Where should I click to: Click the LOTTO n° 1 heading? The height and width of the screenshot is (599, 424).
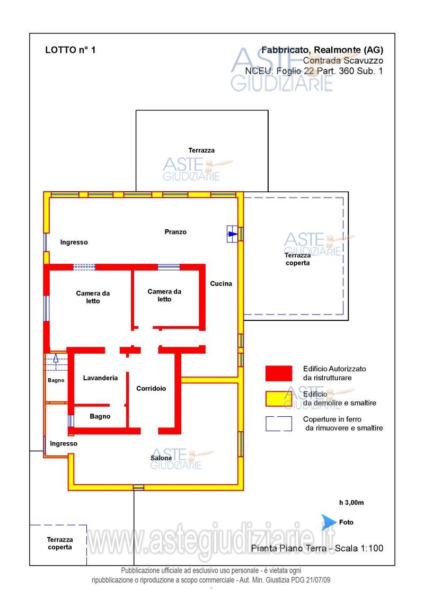click(70, 50)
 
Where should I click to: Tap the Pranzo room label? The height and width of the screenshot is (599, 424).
click(175, 232)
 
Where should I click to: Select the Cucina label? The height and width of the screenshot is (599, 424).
click(221, 283)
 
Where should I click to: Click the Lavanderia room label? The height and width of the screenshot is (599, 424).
click(100, 378)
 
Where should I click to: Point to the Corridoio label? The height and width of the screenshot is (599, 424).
click(151, 389)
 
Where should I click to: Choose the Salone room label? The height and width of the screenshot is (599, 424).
click(161, 458)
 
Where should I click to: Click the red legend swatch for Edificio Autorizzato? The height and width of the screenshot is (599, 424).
click(279, 373)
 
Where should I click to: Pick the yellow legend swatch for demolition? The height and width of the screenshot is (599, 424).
click(279, 399)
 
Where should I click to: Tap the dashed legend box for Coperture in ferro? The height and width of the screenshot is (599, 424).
click(279, 424)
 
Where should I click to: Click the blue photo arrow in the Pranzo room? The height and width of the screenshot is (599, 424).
click(233, 234)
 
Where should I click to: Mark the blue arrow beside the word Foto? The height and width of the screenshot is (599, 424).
click(329, 522)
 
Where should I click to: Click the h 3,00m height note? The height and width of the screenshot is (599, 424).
click(351, 503)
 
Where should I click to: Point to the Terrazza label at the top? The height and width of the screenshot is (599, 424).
click(201, 150)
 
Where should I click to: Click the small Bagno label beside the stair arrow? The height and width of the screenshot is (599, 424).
click(56, 380)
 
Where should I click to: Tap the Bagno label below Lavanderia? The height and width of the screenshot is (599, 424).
click(100, 416)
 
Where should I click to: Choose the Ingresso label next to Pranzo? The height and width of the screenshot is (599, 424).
click(74, 242)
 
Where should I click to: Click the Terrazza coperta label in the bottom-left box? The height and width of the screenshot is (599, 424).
click(60, 543)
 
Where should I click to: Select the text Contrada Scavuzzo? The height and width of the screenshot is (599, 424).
click(343, 60)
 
